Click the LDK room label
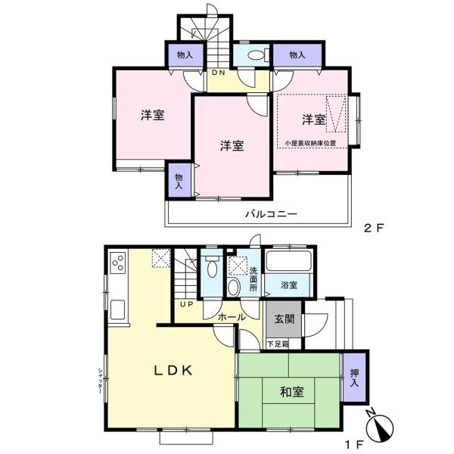tap(173, 370)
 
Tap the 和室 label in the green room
tap(292, 392)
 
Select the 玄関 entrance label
tap(285, 319)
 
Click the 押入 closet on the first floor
tap(354, 378)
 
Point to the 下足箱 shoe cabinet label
tap(278, 344)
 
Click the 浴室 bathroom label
tap(289, 285)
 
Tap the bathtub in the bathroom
tap(288, 261)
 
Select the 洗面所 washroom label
tap(253, 279)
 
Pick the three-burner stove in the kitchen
tap(119, 263)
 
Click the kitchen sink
tap(118, 309)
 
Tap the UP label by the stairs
tap(187, 304)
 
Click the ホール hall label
tap(232, 317)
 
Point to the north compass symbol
tap(379, 426)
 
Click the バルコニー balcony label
tap(272, 214)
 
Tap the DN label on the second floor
tap(219, 73)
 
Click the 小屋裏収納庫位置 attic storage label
tap(310, 143)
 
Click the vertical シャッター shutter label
tap(100, 380)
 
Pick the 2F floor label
tap(374, 229)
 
